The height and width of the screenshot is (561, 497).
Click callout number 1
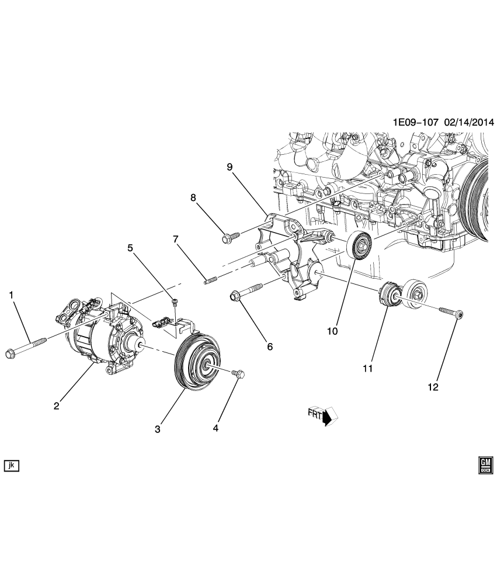[x=11, y=296]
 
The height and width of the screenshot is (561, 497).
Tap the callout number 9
[x=230, y=167]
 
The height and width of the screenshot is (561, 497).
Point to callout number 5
[x=131, y=247]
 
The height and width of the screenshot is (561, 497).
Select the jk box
[x=12, y=465]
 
